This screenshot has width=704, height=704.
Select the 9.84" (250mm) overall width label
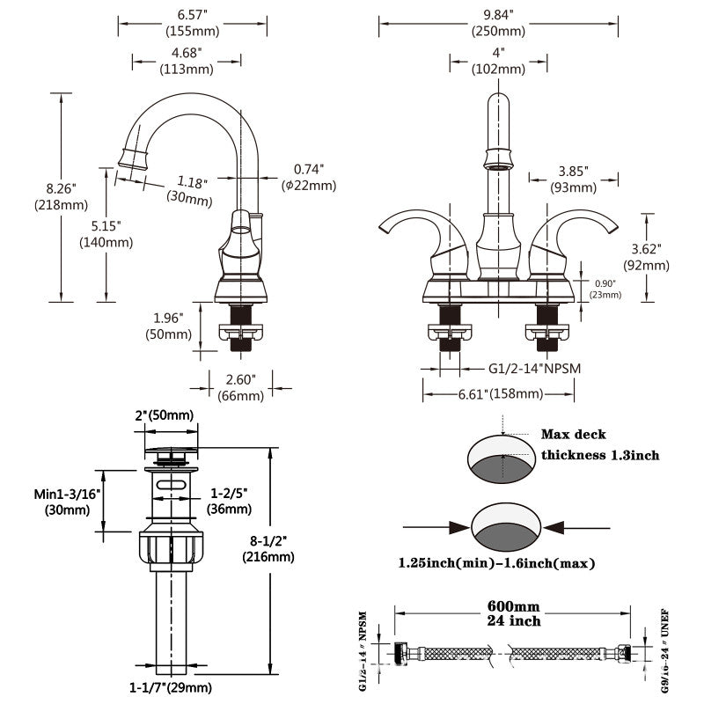point(498,22)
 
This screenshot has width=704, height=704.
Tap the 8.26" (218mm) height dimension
point(62,196)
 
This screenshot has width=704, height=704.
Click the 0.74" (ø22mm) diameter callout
point(309,177)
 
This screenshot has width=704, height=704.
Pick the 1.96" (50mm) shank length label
point(168,326)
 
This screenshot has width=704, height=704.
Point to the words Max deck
point(573,435)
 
